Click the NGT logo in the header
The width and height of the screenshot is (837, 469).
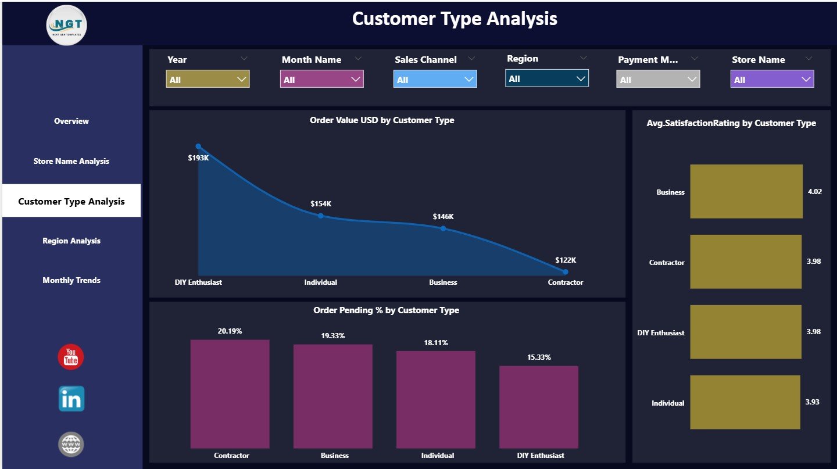(67, 24)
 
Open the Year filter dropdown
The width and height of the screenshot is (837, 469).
(208, 79)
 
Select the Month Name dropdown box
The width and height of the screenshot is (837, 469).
(321, 79)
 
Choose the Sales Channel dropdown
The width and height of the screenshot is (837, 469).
(435, 79)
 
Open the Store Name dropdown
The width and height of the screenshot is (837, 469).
(772, 79)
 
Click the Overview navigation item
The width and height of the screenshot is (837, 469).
(71, 121)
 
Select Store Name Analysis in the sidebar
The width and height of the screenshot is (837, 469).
(71, 161)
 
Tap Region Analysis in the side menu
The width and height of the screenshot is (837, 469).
(71, 241)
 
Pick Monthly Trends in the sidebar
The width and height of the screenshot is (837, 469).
(71, 280)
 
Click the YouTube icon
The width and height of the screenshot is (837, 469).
(71, 357)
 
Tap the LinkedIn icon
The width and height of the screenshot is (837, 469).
(71, 399)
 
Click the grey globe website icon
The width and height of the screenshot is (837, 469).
(71, 445)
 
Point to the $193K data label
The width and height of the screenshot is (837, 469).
(198, 157)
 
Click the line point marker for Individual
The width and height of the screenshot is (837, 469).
(320, 216)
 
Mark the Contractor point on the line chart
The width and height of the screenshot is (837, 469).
(566, 271)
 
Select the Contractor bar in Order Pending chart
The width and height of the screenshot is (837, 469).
(230, 394)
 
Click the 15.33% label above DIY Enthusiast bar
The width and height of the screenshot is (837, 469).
(539, 357)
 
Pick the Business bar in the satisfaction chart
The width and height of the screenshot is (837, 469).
(746, 191)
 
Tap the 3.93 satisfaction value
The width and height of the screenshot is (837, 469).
(813, 402)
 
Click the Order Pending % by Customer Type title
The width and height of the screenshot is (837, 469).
(386, 310)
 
